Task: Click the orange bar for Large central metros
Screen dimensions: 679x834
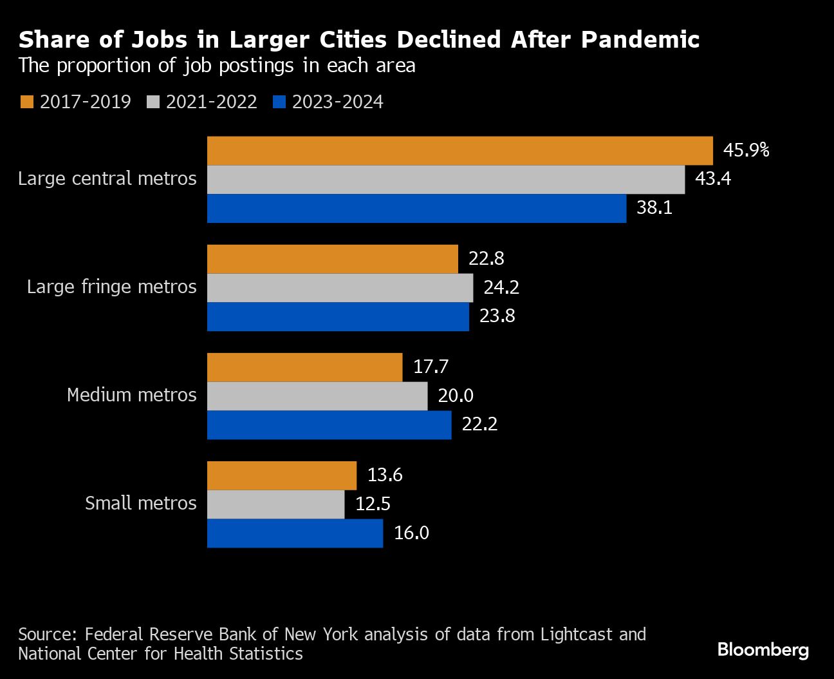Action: (x=459, y=151)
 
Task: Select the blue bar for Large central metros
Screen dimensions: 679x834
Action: (x=416, y=209)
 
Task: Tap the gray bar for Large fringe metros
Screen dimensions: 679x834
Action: (x=340, y=288)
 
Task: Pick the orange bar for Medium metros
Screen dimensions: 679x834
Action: (x=304, y=367)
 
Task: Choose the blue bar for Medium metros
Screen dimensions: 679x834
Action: (x=329, y=425)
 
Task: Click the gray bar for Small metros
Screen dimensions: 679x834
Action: (x=275, y=504)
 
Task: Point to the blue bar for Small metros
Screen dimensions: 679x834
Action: (x=295, y=533)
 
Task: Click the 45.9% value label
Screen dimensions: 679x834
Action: (x=746, y=150)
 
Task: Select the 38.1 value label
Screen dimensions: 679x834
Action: (x=654, y=208)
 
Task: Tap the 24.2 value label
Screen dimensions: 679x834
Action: (x=501, y=287)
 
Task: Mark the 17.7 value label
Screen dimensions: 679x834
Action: (x=431, y=367)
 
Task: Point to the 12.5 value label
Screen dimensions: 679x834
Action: (x=373, y=504)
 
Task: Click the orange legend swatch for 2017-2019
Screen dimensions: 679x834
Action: (x=26, y=102)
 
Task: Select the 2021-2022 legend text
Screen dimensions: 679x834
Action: (x=211, y=102)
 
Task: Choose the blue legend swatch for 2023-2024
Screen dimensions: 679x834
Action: (x=279, y=102)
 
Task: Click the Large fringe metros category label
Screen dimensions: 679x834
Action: (x=111, y=287)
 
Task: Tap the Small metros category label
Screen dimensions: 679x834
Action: (x=140, y=503)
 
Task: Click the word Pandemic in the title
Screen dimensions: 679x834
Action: (x=640, y=40)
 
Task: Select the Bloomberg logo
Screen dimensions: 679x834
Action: (x=763, y=649)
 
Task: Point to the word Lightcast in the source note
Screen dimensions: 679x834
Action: (x=577, y=635)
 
